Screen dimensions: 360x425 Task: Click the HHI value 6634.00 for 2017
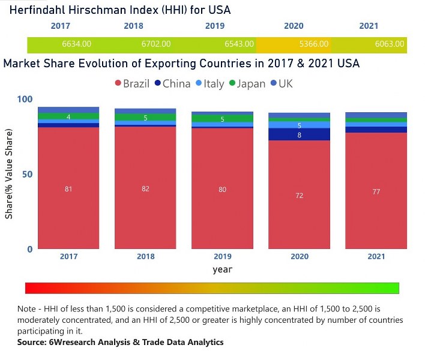click(76, 44)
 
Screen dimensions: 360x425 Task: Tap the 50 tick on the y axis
click(27, 174)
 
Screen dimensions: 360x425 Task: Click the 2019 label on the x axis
click(222, 257)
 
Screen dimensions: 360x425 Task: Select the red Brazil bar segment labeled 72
click(299, 195)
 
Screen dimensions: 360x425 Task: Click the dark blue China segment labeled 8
click(299, 135)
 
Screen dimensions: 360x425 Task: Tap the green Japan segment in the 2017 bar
click(68, 116)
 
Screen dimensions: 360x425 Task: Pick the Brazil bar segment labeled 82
click(145, 188)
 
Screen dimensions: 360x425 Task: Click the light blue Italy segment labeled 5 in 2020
click(299, 125)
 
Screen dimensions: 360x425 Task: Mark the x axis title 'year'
click(222, 269)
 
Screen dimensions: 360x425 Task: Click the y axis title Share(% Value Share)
click(10, 174)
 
